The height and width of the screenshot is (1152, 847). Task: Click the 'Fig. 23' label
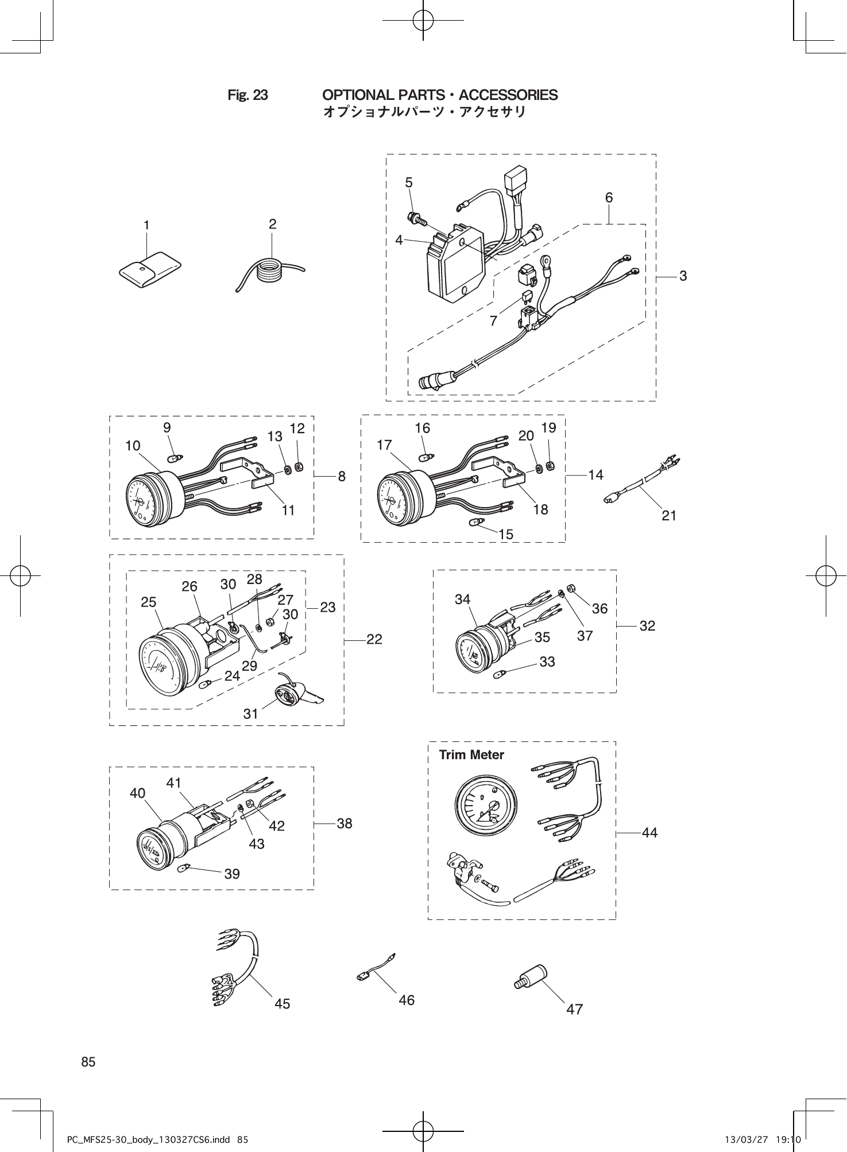click(x=247, y=95)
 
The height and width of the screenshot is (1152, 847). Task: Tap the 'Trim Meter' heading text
click(x=471, y=755)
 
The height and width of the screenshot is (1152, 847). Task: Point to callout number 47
click(x=574, y=1009)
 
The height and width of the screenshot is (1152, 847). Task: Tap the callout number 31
click(x=251, y=714)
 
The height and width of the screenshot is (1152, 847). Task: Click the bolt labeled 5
click(x=415, y=218)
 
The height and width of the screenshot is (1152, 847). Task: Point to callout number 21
click(x=668, y=516)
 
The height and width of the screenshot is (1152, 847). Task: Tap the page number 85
click(x=88, y=1062)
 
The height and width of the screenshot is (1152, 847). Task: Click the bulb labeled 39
click(x=185, y=868)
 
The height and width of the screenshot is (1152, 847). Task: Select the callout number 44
click(x=649, y=832)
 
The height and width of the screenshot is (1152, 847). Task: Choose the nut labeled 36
click(x=571, y=587)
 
